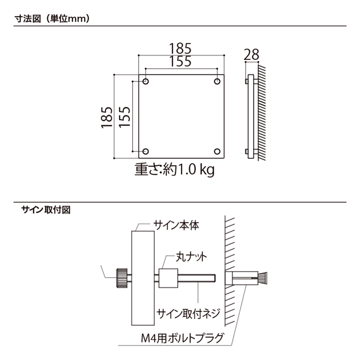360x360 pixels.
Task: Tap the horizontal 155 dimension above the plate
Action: (181, 62)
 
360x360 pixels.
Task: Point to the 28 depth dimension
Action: (252, 55)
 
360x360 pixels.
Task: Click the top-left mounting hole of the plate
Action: (146, 81)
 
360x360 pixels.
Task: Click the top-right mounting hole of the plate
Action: (217, 81)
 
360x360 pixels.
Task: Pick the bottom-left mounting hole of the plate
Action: (146, 152)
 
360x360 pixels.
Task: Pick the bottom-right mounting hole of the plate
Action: (217, 152)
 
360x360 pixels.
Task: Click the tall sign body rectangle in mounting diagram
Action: (143, 278)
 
